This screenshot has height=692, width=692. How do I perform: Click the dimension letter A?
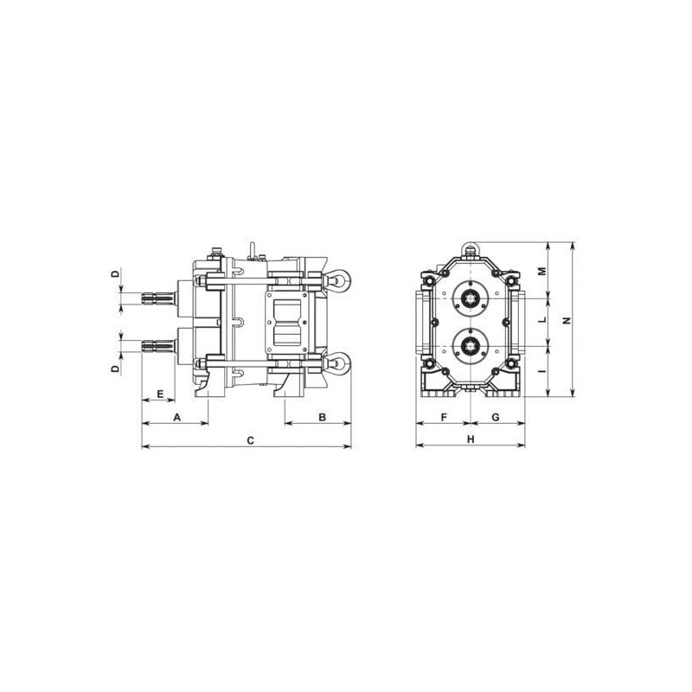177,417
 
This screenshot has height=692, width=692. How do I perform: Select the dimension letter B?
322,417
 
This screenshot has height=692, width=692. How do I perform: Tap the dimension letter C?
250,440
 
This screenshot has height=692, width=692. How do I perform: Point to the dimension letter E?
160,394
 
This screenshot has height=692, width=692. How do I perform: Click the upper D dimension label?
115,274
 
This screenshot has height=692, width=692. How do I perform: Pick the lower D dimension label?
115,368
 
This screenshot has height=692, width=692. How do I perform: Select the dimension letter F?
444,417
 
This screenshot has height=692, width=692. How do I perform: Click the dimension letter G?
496,417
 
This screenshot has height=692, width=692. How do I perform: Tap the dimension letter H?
471,439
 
